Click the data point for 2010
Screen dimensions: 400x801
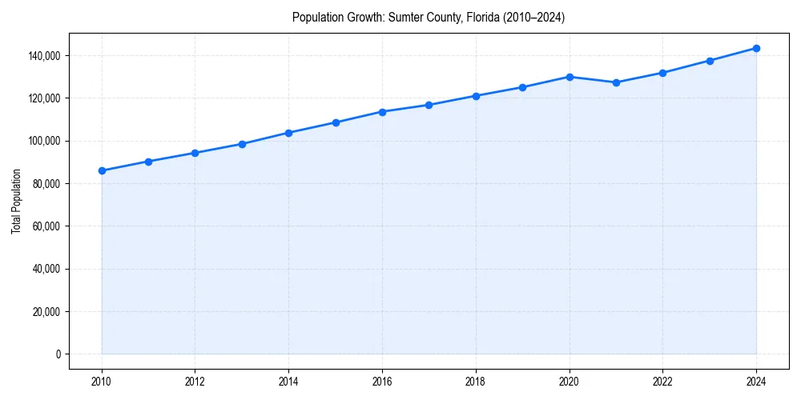(x=102, y=170)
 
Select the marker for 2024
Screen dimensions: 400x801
(x=756, y=48)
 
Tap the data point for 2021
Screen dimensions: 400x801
(x=616, y=82)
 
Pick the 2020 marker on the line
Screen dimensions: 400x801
(x=570, y=77)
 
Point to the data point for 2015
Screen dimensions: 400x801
(x=336, y=122)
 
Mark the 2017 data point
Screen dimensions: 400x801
(x=429, y=105)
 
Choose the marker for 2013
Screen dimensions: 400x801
(x=242, y=144)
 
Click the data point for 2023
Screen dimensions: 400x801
(x=710, y=61)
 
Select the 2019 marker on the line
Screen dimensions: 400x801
(x=522, y=87)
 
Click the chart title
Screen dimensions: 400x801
(x=429, y=17)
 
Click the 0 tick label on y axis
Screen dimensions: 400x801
(x=58, y=354)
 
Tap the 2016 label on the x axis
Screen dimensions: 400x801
(x=382, y=381)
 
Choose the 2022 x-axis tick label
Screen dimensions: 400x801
(x=662, y=381)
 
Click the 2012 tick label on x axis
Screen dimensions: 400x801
(x=195, y=381)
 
